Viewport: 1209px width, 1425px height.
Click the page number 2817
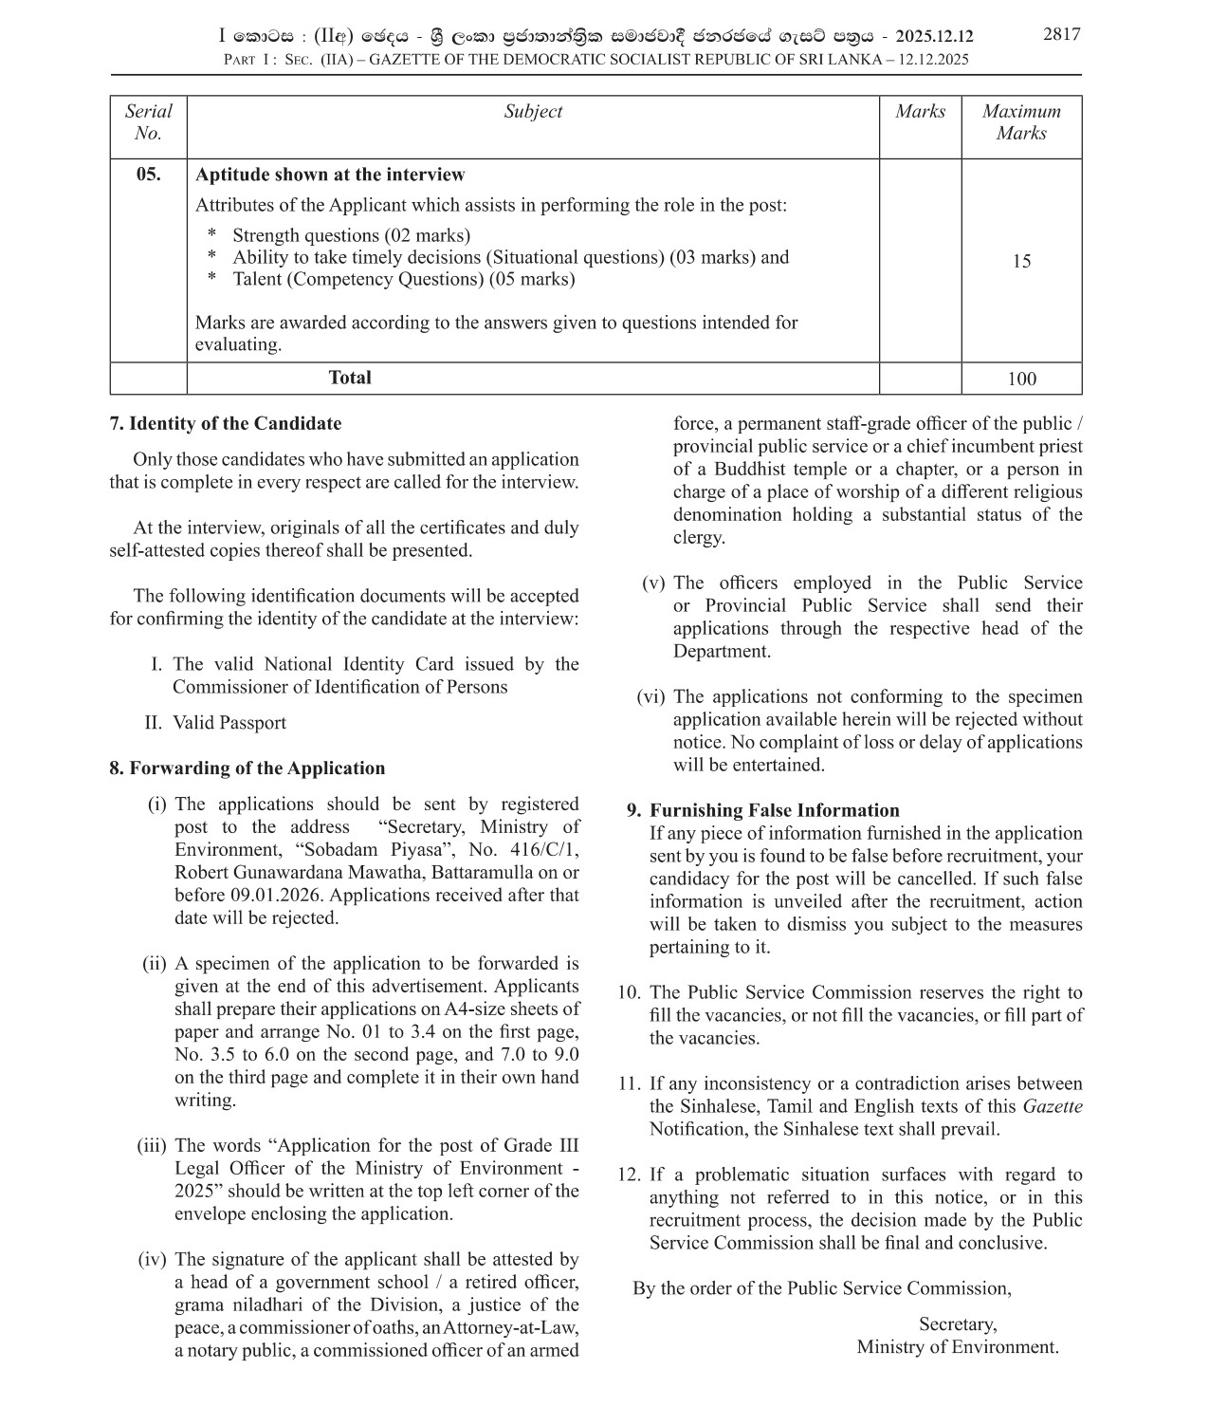(x=1061, y=34)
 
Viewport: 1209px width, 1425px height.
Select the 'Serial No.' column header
(x=148, y=122)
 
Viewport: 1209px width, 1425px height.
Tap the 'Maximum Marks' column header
(x=1021, y=122)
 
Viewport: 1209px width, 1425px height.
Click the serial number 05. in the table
(x=148, y=175)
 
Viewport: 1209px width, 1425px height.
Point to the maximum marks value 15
(x=1021, y=262)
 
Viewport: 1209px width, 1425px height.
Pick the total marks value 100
(x=1021, y=379)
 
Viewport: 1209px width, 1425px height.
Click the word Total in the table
(x=350, y=378)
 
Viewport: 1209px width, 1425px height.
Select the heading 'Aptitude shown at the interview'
(x=330, y=175)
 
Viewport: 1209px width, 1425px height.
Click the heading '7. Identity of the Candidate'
(x=226, y=424)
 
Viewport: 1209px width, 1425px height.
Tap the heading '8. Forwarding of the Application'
(x=247, y=768)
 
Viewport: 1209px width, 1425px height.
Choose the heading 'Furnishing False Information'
(x=774, y=810)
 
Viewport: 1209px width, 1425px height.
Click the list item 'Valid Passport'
(x=229, y=723)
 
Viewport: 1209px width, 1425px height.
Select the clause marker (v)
(x=654, y=583)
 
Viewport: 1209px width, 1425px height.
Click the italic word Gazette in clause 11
(x=1052, y=1106)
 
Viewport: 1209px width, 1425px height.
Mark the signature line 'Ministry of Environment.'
(x=957, y=1347)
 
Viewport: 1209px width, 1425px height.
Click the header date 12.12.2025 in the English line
(x=933, y=60)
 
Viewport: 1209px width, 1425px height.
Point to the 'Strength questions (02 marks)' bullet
(x=351, y=235)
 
